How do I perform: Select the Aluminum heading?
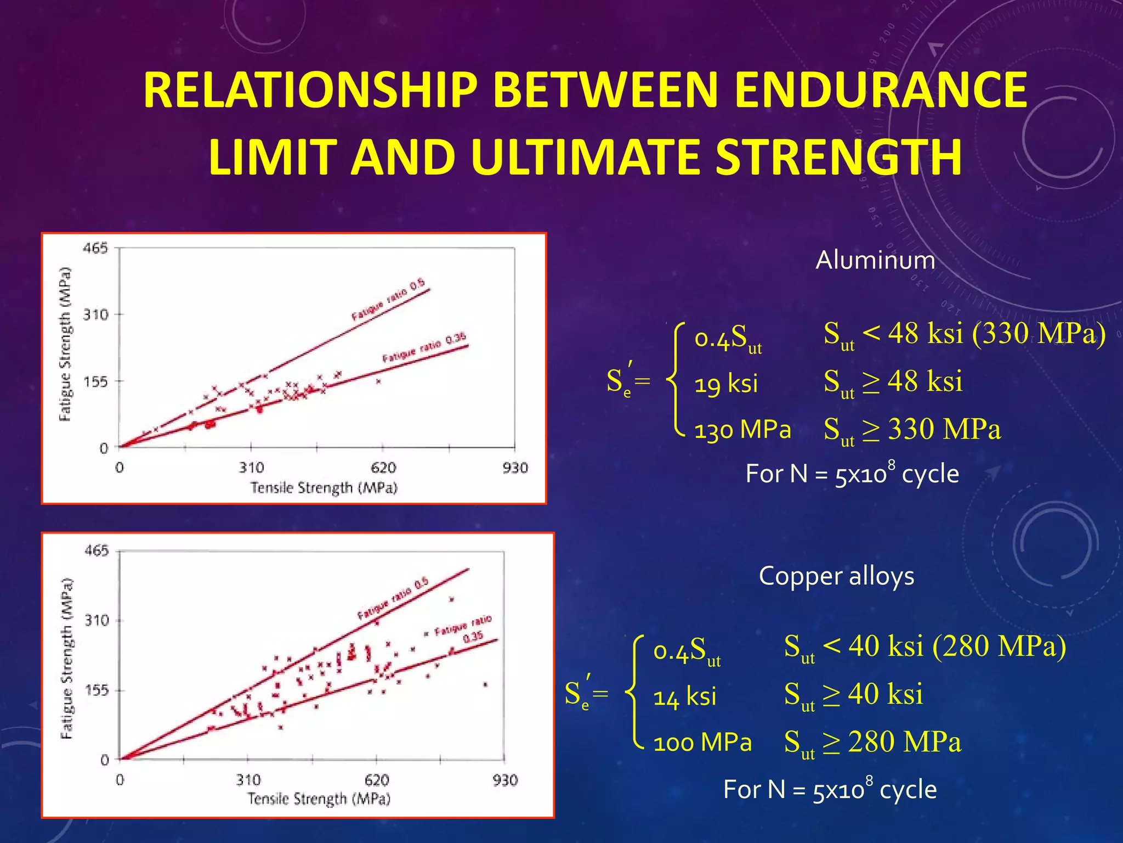pyautogui.click(x=875, y=260)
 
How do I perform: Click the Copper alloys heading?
pyautogui.click(x=836, y=576)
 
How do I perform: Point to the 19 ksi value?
pyautogui.click(x=726, y=383)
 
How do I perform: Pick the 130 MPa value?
pyautogui.click(x=742, y=429)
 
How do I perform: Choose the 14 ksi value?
pyautogui.click(x=685, y=697)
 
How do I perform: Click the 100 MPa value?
pyautogui.click(x=702, y=743)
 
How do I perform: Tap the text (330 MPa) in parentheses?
pyautogui.click(x=1039, y=333)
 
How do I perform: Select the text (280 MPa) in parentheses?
pyautogui.click(x=999, y=646)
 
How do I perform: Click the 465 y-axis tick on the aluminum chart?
pyautogui.click(x=95, y=249)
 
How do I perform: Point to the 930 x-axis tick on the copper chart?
pyautogui.click(x=504, y=780)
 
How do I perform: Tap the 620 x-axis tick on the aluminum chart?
pyautogui.click(x=383, y=468)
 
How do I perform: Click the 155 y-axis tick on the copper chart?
pyautogui.click(x=97, y=690)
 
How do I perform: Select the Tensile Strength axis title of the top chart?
pyautogui.click(x=324, y=487)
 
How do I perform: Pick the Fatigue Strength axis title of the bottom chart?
pyautogui.click(x=66, y=659)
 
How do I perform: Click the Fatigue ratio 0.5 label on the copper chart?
pyautogui.click(x=393, y=599)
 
